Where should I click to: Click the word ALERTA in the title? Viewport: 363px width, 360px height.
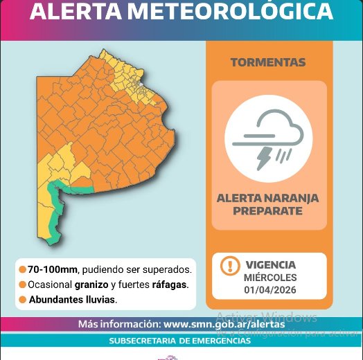click(81, 12)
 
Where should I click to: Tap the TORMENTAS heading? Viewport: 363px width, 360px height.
click(267, 62)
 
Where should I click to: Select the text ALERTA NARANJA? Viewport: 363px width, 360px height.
click(268, 198)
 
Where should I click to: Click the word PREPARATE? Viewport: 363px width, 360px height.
click(268, 210)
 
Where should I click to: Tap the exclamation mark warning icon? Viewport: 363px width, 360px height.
click(229, 266)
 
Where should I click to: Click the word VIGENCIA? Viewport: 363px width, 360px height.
click(270, 264)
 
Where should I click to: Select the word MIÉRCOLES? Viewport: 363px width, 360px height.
click(270, 277)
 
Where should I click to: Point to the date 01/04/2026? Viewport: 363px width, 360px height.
click(270, 289)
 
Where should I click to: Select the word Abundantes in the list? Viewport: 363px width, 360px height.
click(59, 300)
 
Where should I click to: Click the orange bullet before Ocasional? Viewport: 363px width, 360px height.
click(23, 285)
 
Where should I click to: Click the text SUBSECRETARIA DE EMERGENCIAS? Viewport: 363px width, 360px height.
click(179, 341)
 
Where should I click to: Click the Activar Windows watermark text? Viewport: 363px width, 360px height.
click(267, 318)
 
